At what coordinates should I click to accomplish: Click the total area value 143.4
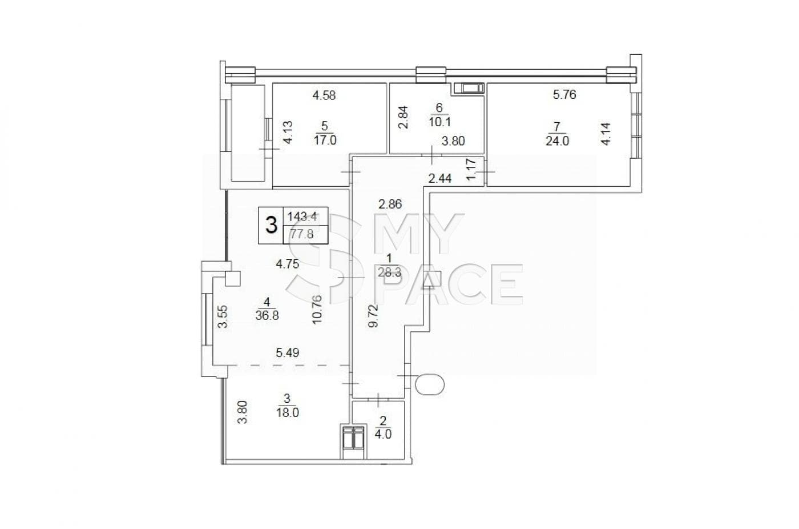pyautogui.click(x=302, y=217)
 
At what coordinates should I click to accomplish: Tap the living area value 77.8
pyautogui.click(x=302, y=234)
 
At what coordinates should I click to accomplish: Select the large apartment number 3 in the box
pyautogui.click(x=272, y=225)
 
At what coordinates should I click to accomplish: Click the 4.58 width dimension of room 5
pyautogui.click(x=324, y=95)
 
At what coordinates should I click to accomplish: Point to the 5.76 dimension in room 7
pyautogui.click(x=564, y=95)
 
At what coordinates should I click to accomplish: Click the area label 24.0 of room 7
pyautogui.click(x=557, y=141)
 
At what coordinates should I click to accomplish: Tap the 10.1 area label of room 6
pyautogui.click(x=440, y=122)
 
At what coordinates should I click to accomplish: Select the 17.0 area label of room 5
pyautogui.click(x=325, y=140)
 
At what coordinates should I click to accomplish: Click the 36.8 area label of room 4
pyautogui.click(x=267, y=315)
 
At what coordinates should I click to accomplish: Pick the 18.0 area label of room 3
pyautogui.click(x=287, y=412)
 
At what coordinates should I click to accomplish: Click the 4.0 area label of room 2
pyautogui.click(x=383, y=434)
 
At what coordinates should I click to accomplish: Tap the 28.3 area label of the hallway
pyautogui.click(x=389, y=272)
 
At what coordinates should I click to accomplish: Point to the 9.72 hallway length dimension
pyautogui.click(x=373, y=316)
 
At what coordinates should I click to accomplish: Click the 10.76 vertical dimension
pyautogui.click(x=317, y=310)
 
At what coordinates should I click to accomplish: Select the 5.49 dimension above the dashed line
pyautogui.click(x=288, y=353)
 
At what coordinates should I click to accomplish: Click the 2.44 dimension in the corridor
pyautogui.click(x=440, y=178)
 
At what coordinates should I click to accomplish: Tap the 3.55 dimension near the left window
pyautogui.click(x=223, y=316)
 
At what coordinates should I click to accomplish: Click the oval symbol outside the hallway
pyautogui.click(x=430, y=384)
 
